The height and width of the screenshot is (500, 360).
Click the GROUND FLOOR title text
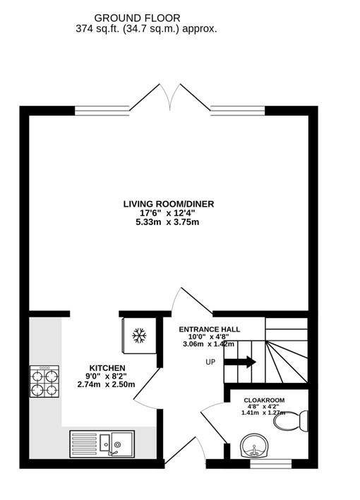tap(137, 18)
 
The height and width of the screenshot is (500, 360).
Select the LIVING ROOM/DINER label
tap(168, 205)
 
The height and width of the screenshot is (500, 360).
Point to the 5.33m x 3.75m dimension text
tap(168, 223)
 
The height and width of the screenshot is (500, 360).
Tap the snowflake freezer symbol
tap(139, 336)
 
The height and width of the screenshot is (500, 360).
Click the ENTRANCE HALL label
tap(209, 329)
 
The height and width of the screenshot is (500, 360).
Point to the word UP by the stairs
tap(210, 362)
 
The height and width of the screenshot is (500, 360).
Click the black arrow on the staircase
tap(241, 362)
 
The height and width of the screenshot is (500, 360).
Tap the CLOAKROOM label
tap(264, 401)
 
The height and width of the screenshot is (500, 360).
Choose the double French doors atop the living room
tap(168, 97)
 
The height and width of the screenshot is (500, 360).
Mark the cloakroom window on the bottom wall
tap(271, 463)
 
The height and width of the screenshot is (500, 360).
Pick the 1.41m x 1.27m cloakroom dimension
tap(264, 413)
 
